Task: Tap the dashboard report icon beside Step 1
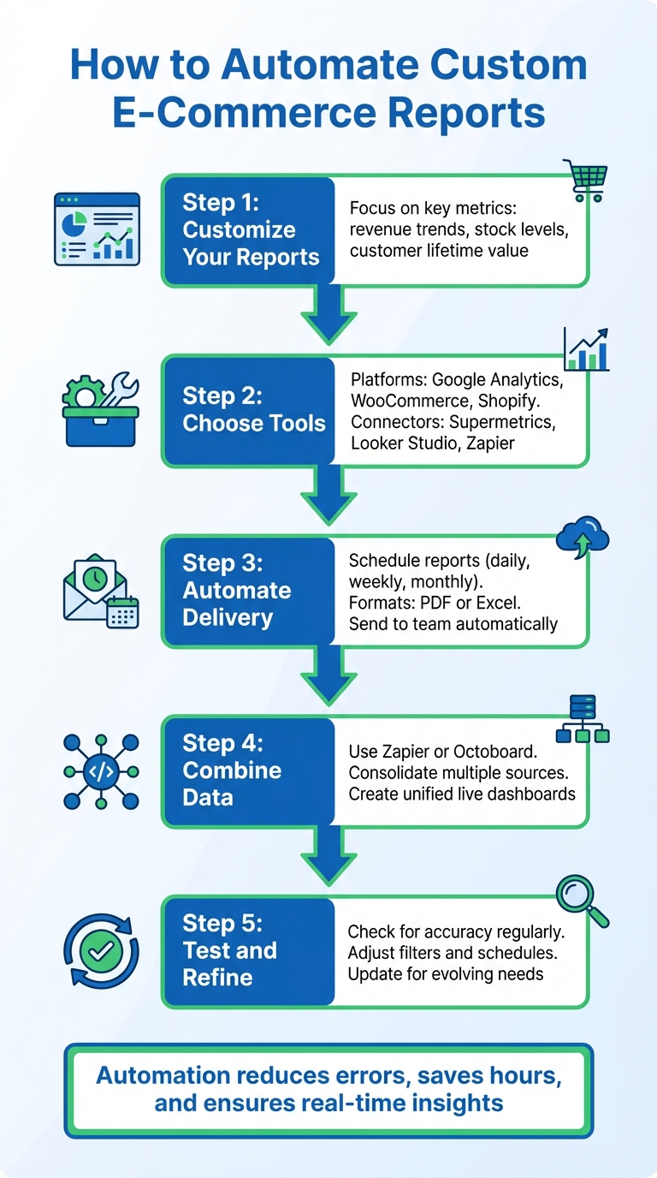(x=96, y=228)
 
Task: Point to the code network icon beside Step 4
(x=101, y=770)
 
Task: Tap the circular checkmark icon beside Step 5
(x=100, y=951)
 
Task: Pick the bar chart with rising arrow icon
(x=587, y=349)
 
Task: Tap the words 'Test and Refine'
(x=229, y=963)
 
